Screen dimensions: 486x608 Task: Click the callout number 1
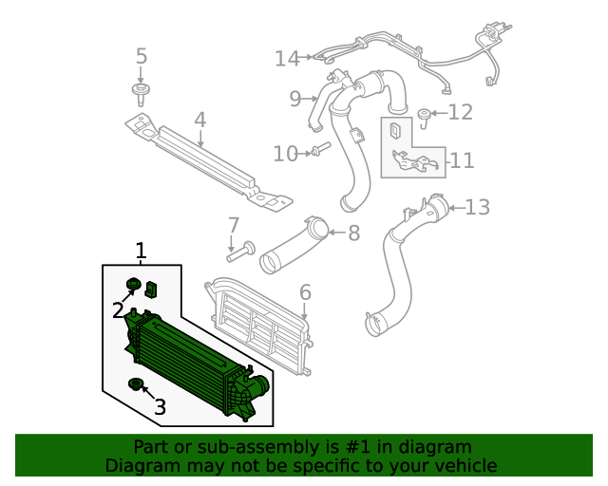click(141, 251)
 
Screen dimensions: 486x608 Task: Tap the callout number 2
click(118, 309)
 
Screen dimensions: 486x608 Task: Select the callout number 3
click(160, 407)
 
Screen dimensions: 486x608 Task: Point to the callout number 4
click(199, 121)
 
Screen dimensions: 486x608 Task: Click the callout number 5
click(142, 57)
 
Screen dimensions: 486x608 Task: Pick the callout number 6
click(305, 291)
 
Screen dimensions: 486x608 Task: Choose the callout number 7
click(233, 226)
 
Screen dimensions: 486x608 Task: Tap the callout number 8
click(353, 233)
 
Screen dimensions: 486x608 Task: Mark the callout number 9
click(294, 98)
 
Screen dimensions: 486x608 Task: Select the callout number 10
click(285, 154)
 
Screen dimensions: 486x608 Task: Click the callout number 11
click(462, 160)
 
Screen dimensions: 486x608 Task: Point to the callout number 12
click(460, 113)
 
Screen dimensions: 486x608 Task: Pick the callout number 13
click(477, 206)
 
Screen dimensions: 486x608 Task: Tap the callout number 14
click(287, 59)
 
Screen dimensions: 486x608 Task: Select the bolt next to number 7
click(238, 252)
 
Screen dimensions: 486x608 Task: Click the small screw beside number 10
click(318, 150)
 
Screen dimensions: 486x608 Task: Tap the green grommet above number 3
click(135, 383)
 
